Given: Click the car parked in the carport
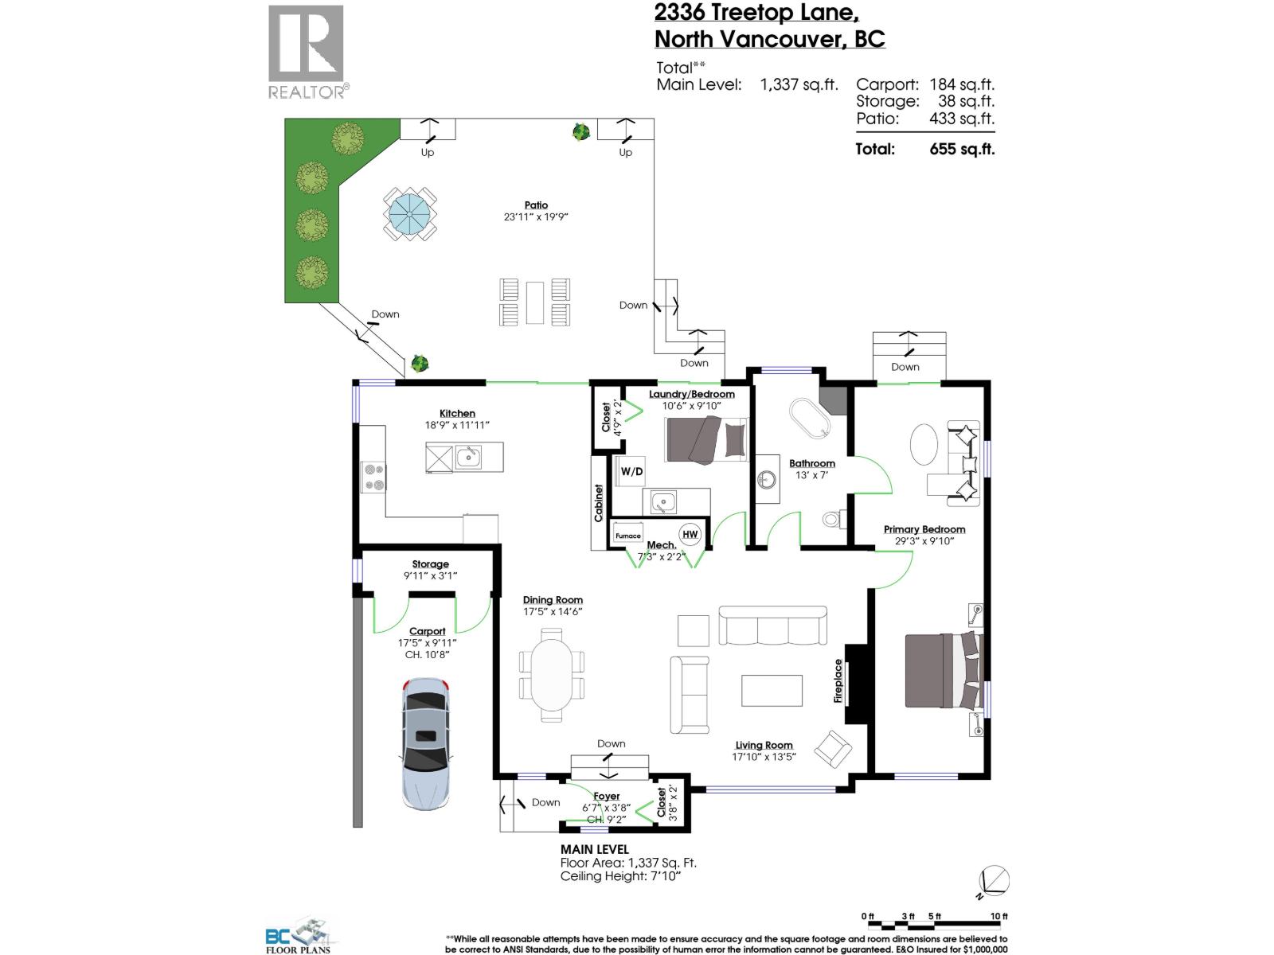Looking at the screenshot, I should coord(426,744).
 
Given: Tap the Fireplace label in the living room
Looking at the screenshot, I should coord(838,681).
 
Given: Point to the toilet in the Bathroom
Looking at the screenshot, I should coord(832,520).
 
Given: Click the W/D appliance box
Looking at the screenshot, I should coord(631,471).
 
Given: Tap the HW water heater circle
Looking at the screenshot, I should coord(690,534).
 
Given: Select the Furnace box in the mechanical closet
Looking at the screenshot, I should coord(628,536).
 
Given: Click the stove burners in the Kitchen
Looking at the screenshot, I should coord(373,476).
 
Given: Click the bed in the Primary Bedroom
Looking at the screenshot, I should coord(942,670).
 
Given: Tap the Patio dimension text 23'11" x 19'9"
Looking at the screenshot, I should coord(536,216).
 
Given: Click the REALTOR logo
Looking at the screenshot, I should coord(307,53).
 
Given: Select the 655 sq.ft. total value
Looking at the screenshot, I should coord(962,149).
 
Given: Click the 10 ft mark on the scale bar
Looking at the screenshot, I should coord(998,917).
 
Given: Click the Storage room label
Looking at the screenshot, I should coord(430,564).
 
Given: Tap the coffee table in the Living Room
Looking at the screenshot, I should coord(772,690).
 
